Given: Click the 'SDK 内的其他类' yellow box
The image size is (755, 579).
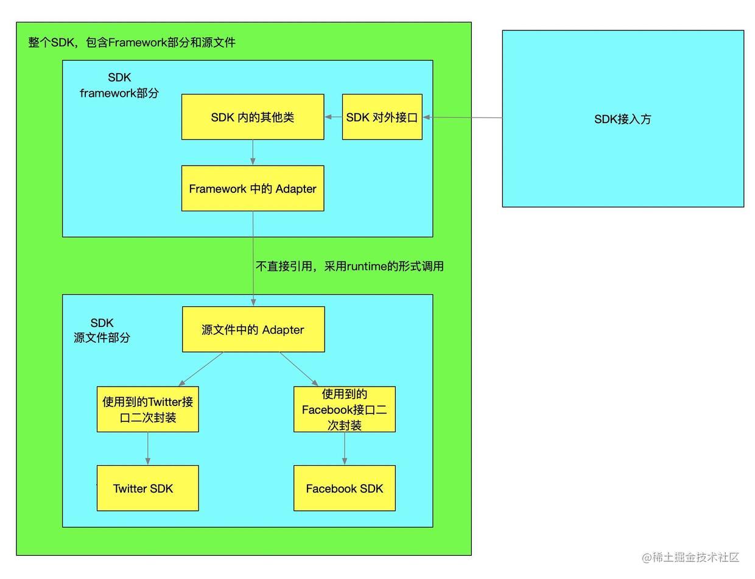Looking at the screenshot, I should pos(253,117).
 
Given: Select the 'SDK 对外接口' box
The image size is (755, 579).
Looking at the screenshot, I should pos(382,117).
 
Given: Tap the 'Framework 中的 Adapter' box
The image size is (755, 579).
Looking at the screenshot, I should pos(253,189).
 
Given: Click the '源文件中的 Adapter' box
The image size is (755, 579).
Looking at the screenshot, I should pos(253,329).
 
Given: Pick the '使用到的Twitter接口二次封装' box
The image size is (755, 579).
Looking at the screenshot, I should pos(148,409).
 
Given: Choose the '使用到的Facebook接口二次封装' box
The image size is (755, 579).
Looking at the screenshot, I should pos(345,409).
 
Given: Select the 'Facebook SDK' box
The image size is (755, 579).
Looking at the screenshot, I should pos(345,488).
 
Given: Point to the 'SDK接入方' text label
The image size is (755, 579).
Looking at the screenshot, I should pos(622,119).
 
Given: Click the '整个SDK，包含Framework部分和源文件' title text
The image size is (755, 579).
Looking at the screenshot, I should pos(132,43).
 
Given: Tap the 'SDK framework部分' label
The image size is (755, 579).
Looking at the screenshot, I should pos(119,85).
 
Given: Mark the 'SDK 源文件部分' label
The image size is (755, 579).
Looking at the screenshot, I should pos(102,330).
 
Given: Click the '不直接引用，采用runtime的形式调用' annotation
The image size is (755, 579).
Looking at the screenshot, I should pos(349,266).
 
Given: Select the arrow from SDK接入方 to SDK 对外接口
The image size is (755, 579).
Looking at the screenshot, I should pos(463,118).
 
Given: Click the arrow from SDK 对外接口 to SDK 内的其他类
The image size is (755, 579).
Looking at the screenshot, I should pos(333,117).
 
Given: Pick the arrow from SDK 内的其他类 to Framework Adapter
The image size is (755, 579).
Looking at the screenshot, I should pos(253,152).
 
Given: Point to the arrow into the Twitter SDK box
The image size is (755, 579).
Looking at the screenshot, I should pos(148,449).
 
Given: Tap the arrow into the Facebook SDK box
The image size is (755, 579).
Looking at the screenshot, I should pos(345,449).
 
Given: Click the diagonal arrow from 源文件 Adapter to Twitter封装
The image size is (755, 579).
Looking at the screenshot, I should pos(201,369).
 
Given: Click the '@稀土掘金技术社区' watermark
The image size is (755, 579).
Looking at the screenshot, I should pos(690,557).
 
